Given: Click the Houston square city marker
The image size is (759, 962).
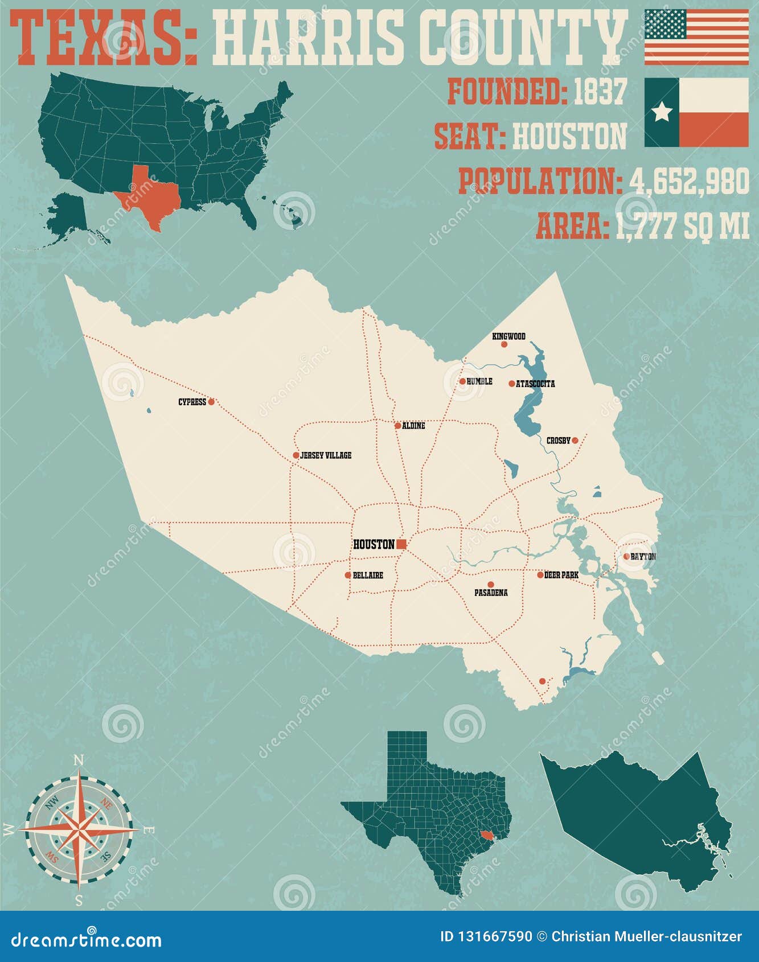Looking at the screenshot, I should [401, 544].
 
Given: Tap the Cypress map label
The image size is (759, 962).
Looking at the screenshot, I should [192, 402].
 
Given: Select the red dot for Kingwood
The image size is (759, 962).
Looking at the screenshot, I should [503, 344].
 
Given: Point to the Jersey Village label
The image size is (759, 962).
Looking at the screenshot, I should [326, 455].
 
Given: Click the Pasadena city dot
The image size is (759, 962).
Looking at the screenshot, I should [490, 584].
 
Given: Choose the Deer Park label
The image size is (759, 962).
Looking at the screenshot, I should [561, 575].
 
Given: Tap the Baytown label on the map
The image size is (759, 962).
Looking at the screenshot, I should [643, 557].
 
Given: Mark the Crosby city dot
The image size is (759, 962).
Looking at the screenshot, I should [575, 440].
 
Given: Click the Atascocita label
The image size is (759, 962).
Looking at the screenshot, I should [535, 384].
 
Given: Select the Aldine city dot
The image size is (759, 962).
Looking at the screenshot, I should [397, 425].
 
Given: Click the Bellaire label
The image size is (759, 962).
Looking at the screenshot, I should [368, 575].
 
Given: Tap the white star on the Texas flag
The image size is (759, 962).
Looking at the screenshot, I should [662, 112].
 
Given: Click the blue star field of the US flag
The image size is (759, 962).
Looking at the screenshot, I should [665, 24].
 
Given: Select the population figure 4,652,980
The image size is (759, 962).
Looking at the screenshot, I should [689, 182].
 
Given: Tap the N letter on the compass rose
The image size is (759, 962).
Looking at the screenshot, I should [79, 760].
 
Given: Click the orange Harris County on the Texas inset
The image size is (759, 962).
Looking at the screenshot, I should [486, 835].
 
